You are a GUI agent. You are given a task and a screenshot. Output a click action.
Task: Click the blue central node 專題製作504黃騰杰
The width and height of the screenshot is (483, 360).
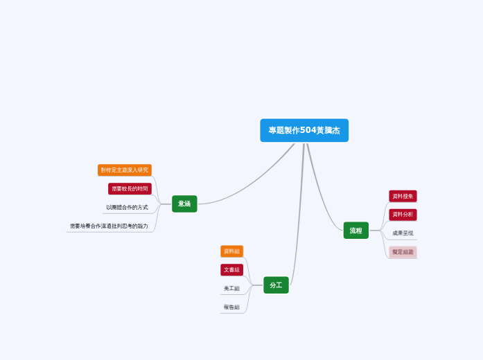click(x=304, y=130)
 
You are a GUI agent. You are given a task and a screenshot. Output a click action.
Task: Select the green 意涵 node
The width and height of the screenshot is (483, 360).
click(x=184, y=204)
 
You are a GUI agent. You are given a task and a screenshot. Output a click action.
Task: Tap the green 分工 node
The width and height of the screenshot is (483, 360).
click(x=276, y=285)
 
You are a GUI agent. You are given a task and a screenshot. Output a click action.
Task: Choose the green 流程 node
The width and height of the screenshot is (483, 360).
click(x=355, y=231)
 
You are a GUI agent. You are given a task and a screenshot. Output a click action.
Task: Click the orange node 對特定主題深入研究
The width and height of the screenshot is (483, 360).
click(x=125, y=170)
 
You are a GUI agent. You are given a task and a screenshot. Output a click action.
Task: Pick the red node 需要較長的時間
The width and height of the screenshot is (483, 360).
click(x=130, y=188)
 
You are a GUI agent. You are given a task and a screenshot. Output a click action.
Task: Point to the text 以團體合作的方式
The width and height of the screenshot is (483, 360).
click(x=127, y=207)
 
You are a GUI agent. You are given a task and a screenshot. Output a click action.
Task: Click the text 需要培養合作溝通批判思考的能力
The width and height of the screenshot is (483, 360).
click(x=109, y=226)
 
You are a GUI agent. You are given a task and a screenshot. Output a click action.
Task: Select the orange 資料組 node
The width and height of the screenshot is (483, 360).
click(x=231, y=251)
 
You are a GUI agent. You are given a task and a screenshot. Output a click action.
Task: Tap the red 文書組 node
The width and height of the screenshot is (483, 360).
click(x=231, y=269)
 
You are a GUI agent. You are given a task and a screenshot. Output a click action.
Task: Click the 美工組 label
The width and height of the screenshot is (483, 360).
click(x=231, y=288)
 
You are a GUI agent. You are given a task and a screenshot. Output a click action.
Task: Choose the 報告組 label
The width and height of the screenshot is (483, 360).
click(x=231, y=307)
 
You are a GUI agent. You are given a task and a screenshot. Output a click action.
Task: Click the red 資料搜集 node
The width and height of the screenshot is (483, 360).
click(x=403, y=196)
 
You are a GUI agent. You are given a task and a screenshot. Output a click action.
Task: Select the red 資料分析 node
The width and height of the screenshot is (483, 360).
click(x=403, y=215)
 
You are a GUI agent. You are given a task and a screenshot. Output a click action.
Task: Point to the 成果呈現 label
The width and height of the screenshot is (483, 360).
click(x=403, y=233)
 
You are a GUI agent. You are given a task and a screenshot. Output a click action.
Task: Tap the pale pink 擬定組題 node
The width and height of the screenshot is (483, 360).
click(x=403, y=252)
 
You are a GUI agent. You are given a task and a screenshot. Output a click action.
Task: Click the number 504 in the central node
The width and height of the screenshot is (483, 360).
click(x=308, y=130)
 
